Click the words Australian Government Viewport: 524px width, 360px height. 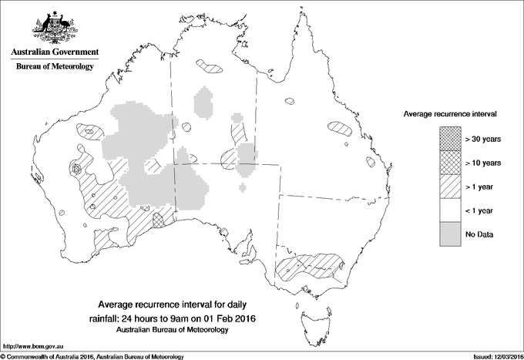[x=54, y=52]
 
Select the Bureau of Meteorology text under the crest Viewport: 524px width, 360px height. [x=54, y=67]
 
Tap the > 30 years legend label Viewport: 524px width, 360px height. [x=483, y=139]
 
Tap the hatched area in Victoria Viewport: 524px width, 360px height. [x=308, y=266]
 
